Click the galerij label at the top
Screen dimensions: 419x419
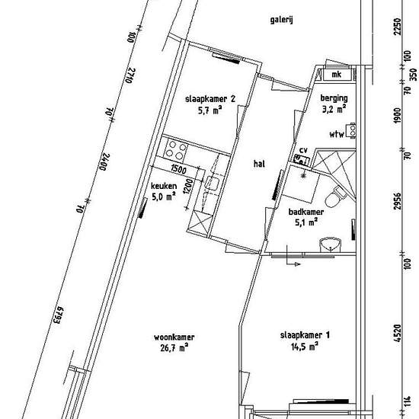tap(281, 20)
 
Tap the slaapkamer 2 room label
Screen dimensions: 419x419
tap(210, 99)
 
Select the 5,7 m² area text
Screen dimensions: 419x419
tap(210, 110)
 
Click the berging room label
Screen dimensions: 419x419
tap(334, 98)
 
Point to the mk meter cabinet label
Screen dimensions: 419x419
tap(337, 74)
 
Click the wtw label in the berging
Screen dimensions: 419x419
tap(337, 134)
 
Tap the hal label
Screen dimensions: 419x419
tap(259, 163)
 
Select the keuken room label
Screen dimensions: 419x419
tap(164, 186)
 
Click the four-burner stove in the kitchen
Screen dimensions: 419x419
tap(176, 150)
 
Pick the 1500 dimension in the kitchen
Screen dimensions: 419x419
tap(178, 169)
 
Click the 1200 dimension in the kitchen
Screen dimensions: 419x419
tap(188, 186)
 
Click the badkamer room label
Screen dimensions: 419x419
tap(306, 212)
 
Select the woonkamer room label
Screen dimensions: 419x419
tap(174, 337)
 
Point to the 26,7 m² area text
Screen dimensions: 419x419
tap(174, 347)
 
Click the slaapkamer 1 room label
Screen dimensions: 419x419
tap(305, 335)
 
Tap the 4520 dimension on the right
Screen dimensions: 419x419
tap(398, 333)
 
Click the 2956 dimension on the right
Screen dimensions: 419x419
tap(398, 201)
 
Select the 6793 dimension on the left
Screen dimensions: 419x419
tap(58, 315)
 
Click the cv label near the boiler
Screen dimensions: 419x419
tap(303, 150)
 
